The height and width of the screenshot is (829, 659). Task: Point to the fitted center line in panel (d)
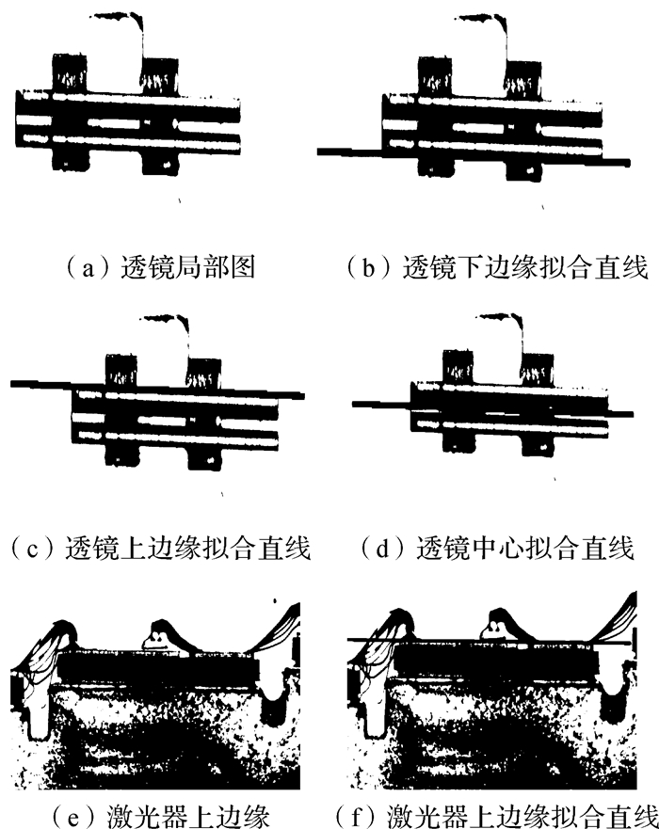coord(377,403)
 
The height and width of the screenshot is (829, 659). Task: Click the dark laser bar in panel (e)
coord(160,667)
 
